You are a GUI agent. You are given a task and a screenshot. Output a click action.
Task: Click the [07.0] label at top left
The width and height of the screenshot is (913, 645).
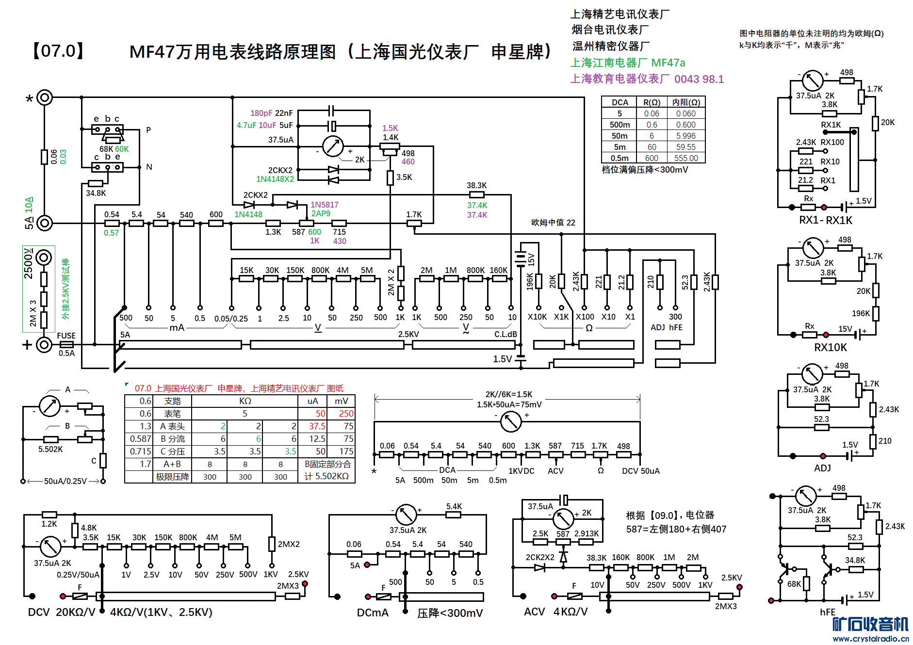point(58,51)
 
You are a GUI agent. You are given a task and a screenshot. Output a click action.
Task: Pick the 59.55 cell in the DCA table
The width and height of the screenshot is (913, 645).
point(685,147)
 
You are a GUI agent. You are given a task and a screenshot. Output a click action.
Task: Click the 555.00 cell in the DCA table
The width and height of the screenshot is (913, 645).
point(685,158)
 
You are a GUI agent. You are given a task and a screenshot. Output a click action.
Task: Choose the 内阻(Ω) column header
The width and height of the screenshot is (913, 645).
point(685,102)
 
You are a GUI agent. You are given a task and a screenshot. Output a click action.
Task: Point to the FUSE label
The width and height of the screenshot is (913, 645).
point(66,336)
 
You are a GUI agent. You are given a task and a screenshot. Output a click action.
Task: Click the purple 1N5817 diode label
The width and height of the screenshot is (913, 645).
point(324,205)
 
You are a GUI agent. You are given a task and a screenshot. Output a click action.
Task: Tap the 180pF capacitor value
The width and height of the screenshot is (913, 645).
point(261,113)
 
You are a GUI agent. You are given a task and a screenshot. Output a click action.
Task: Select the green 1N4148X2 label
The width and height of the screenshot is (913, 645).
point(275,179)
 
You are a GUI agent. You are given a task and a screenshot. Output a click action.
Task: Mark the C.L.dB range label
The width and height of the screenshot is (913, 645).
point(505,334)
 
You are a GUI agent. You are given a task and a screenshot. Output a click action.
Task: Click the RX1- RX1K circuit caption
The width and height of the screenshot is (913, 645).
point(825,220)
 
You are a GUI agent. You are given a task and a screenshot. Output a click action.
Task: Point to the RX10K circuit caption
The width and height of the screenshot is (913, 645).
point(830,347)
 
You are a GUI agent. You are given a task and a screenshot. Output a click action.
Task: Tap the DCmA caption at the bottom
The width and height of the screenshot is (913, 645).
point(372,613)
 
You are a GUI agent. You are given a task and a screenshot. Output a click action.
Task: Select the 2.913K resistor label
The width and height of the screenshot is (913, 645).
point(586,533)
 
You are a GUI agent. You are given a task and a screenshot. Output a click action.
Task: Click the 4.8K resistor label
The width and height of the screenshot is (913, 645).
point(88,528)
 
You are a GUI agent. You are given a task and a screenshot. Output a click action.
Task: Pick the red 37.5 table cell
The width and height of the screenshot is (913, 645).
point(317,426)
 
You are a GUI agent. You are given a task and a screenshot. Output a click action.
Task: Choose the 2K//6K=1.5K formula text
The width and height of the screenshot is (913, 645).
point(508,394)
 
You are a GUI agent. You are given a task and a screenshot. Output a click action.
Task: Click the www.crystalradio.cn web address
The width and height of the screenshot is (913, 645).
point(870,638)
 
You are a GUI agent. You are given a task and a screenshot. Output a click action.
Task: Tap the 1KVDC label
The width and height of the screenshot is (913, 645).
point(521,471)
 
